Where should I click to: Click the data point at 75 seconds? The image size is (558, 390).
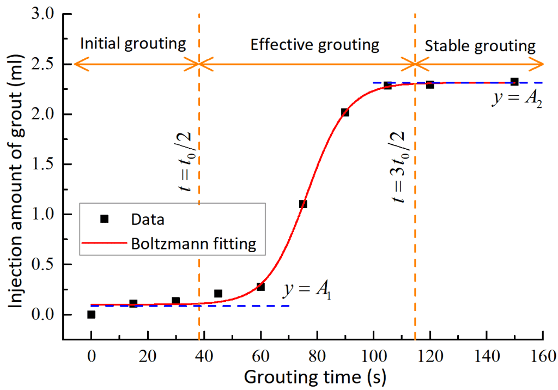coord(303,204)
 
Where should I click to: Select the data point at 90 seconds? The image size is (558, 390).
coord(345,112)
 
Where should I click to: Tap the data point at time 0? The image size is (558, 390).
coord(91,314)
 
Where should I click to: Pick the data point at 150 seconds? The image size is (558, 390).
coord(514,82)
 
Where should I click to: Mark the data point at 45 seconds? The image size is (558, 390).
coord(218,294)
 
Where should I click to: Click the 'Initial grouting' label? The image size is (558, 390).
coord(134,45)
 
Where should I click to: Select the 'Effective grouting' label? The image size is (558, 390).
coord(314,45)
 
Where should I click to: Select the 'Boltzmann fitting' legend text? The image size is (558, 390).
coord(193,243)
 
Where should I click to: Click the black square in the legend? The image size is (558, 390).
coord(105,219)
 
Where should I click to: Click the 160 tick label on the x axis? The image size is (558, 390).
coord(543,358)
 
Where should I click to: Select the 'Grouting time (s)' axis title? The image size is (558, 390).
coord(314,377)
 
